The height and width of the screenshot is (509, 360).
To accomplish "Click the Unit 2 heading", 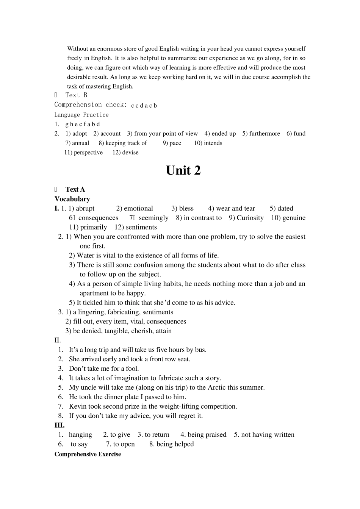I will (x=183, y=171).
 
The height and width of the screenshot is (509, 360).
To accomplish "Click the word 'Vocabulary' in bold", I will (x=72, y=199).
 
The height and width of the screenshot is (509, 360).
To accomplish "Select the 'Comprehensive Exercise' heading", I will (x=88, y=454).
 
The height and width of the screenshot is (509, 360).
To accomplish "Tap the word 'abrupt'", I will (x=85, y=208).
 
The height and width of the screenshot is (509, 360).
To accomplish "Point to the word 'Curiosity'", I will (x=250, y=218).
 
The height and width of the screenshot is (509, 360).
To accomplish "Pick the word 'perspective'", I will (x=88, y=153).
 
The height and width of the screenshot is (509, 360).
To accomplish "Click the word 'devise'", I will (x=130, y=153).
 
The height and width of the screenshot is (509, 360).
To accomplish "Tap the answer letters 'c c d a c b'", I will (x=144, y=106).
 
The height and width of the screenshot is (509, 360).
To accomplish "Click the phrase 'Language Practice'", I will (x=81, y=115).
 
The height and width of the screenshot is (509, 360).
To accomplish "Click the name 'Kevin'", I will (x=78, y=406).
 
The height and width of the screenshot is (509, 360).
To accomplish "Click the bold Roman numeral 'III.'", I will (x=59, y=425).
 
